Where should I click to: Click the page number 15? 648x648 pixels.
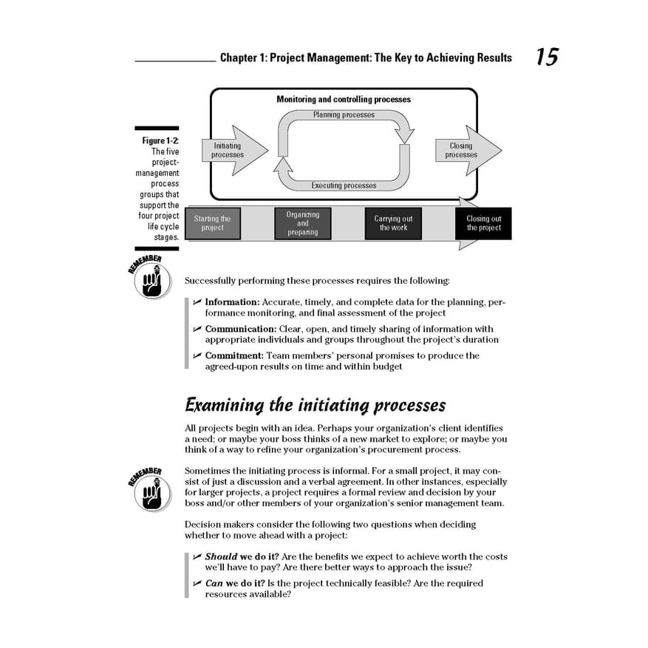click(x=547, y=57)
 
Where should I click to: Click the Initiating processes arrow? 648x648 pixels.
click(x=233, y=151)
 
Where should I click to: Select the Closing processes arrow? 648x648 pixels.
click(x=465, y=151)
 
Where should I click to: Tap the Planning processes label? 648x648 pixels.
click(x=344, y=115)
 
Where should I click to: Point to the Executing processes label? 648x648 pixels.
click(x=344, y=185)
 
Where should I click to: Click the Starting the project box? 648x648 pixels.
click(x=213, y=223)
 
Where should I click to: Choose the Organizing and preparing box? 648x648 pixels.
click(x=303, y=223)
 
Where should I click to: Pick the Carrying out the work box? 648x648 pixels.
click(x=393, y=223)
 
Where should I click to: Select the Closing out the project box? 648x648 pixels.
click(x=483, y=223)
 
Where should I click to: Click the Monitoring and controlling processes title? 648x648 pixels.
click(x=344, y=99)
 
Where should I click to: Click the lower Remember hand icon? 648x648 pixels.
click(x=151, y=493)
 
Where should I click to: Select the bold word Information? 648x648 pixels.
click(x=232, y=302)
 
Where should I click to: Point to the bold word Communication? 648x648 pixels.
click(x=240, y=329)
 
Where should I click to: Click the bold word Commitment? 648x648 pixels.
click(x=235, y=355)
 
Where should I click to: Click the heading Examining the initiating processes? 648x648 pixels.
click(x=315, y=405)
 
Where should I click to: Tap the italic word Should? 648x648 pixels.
click(x=221, y=556)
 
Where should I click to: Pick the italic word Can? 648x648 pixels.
click(x=214, y=583)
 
